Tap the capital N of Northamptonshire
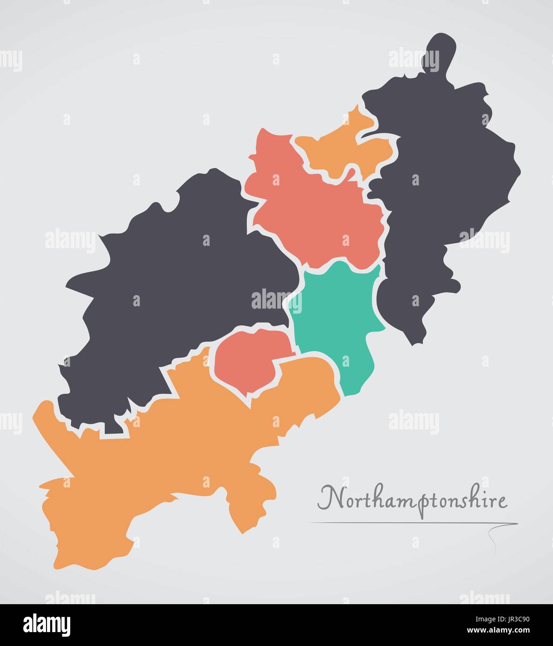click(x=328, y=498)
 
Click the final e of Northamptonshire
click(x=502, y=502)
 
